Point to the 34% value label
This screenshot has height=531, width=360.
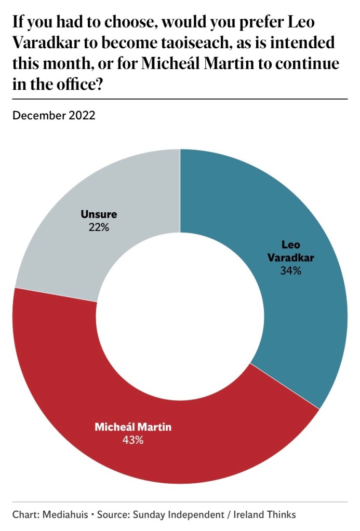click(x=290, y=270)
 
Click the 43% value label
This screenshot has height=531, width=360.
click(x=132, y=440)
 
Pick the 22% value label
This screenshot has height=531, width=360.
click(x=99, y=227)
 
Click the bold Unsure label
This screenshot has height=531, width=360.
click(x=99, y=214)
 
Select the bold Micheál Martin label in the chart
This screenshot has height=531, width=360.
click(x=132, y=427)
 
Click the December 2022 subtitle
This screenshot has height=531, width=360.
click(x=54, y=115)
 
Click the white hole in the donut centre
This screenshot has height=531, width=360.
click(x=180, y=317)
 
